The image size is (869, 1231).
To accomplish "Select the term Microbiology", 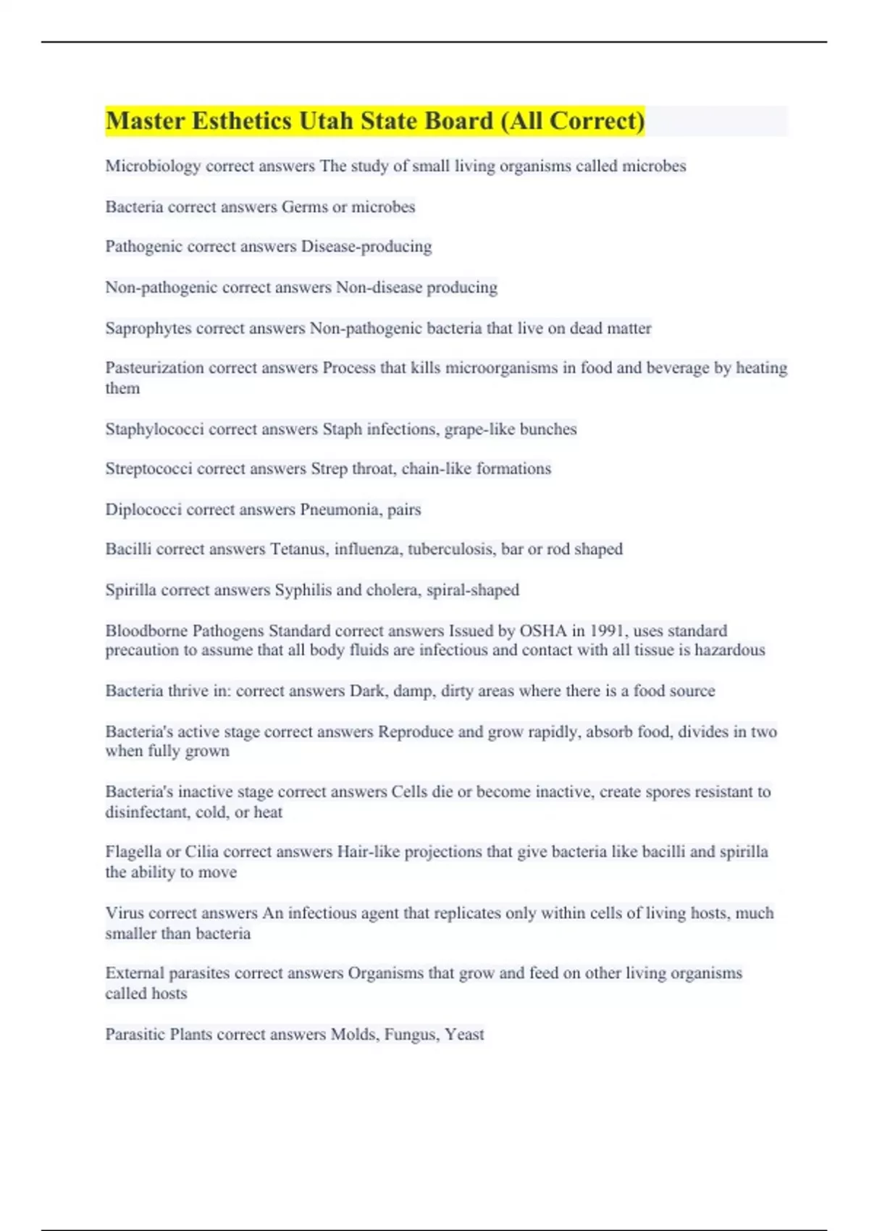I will [x=153, y=166].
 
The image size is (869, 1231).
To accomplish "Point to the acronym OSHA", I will [x=543, y=630].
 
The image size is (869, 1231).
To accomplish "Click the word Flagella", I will [x=133, y=852].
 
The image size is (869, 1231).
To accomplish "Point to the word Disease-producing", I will [x=366, y=247].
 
